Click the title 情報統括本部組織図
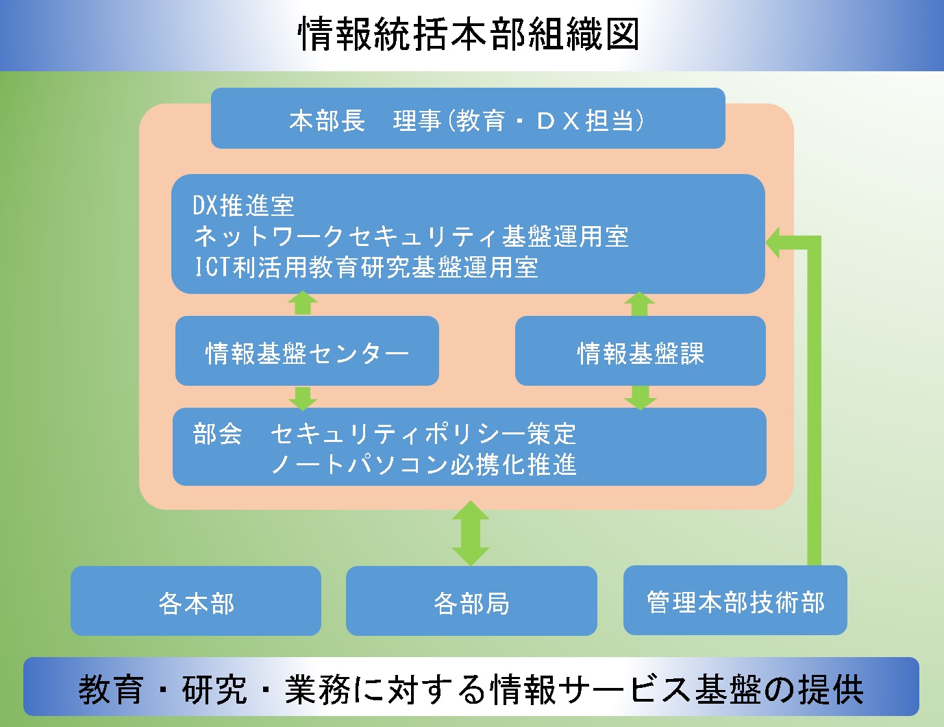coord(469,34)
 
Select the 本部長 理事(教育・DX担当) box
coord(468,118)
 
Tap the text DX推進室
coord(244,205)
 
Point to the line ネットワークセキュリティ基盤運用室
coord(411,237)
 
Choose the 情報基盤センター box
coord(307,351)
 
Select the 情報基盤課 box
coord(641,351)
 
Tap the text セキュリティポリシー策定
coord(423,434)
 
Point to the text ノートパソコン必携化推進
coord(423,465)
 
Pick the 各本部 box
coord(196,601)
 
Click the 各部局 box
coord(471,601)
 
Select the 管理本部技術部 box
coord(735,600)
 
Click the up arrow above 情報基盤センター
coord(303,304)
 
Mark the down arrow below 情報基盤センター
coord(303,398)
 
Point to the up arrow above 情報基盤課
coord(639,304)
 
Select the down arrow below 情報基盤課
coord(641,397)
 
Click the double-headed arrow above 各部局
coord(471,533)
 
